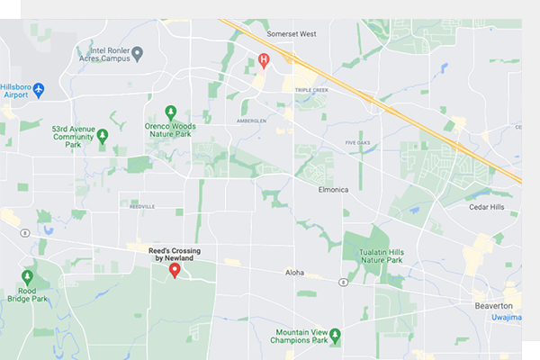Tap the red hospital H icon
264,61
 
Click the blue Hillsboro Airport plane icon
39,90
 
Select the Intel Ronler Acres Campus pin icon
138,54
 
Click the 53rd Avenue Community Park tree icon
103,136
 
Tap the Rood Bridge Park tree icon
27,276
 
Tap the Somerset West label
292,34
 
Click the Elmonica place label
338,191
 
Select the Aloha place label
295,272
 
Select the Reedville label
142,206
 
